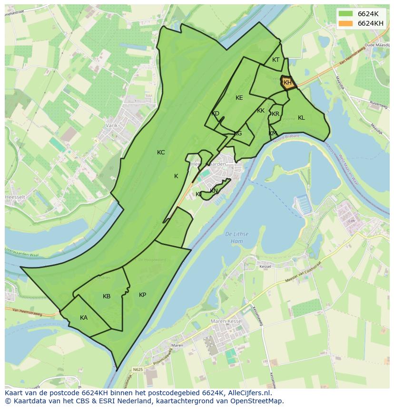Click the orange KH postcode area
point(287,83)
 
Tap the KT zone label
point(276,60)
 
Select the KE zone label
point(239,98)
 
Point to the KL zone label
point(301,118)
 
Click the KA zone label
point(84,318)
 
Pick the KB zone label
point(107,296)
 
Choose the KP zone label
point(142,295)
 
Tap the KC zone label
point(161,152)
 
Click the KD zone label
point(216,114)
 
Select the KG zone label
point(238,133)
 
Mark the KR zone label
point(276,114)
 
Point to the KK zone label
point(261,111)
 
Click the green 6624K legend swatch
point(346,14)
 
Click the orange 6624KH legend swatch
point(346,23)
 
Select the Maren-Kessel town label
point(226,321)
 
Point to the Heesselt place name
point(15,197)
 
